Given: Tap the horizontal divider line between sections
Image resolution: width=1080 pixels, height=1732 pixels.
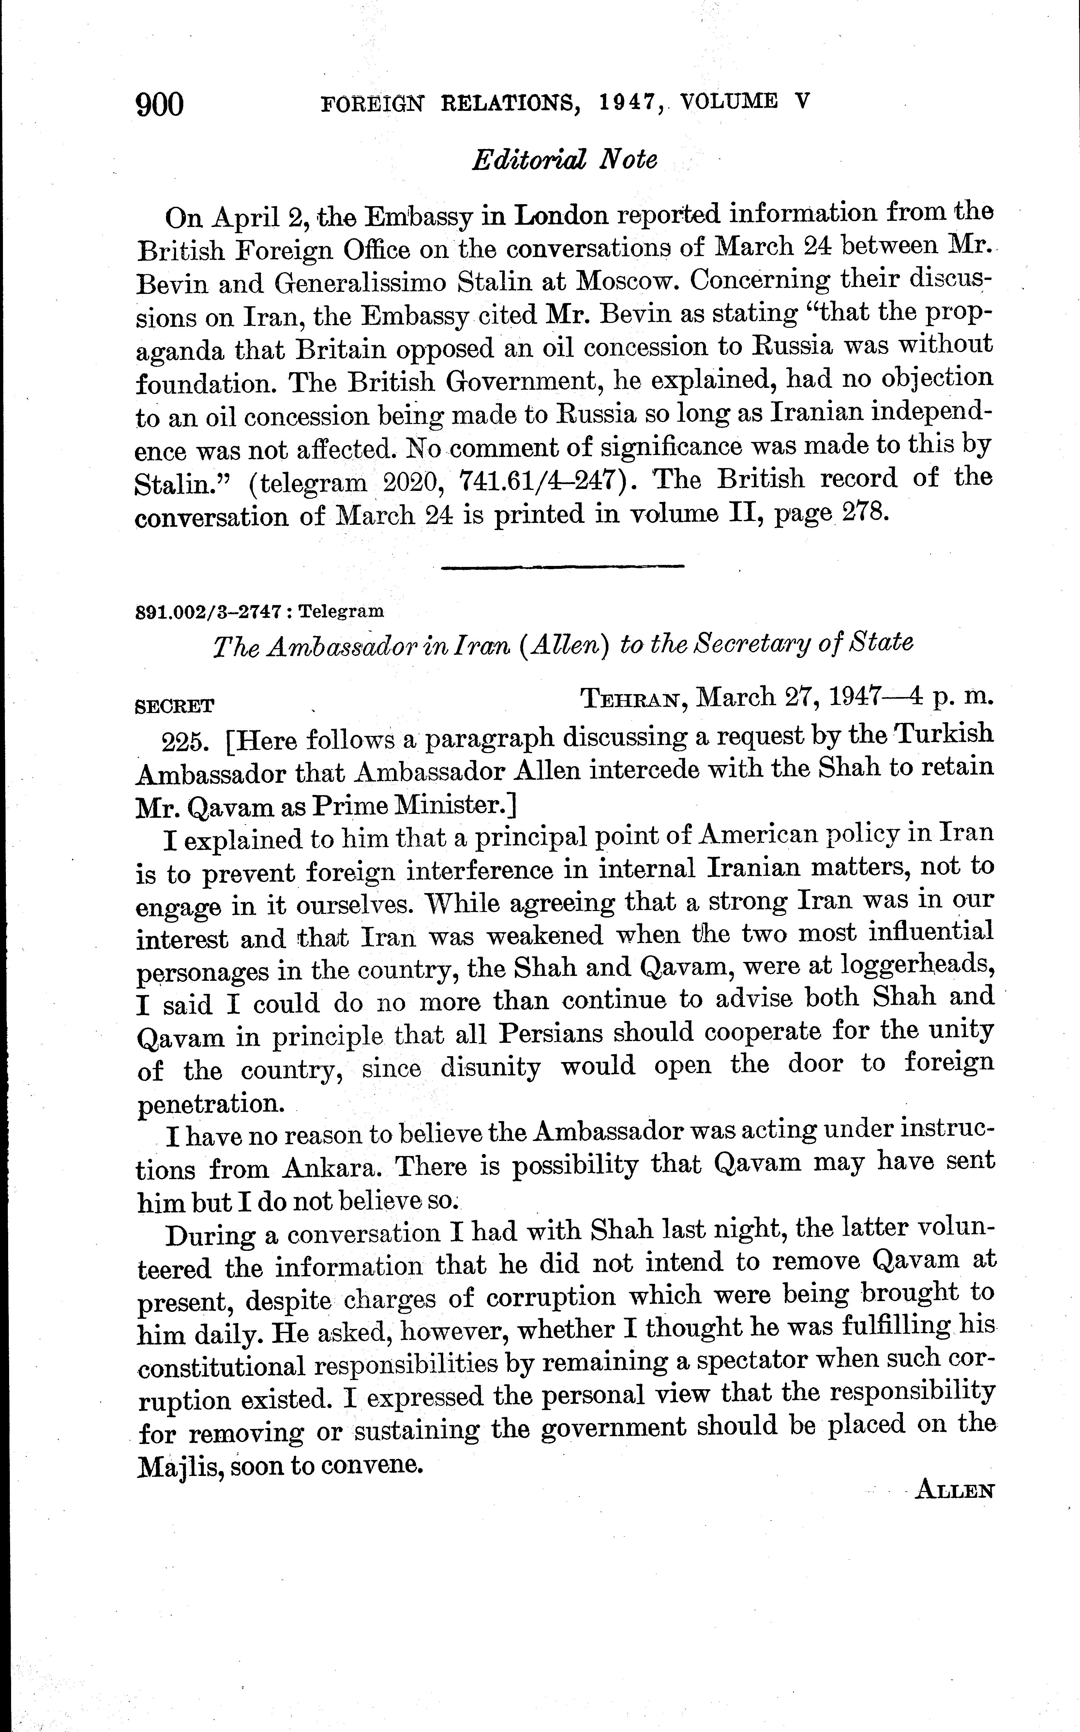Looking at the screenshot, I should tap(563, 567).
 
